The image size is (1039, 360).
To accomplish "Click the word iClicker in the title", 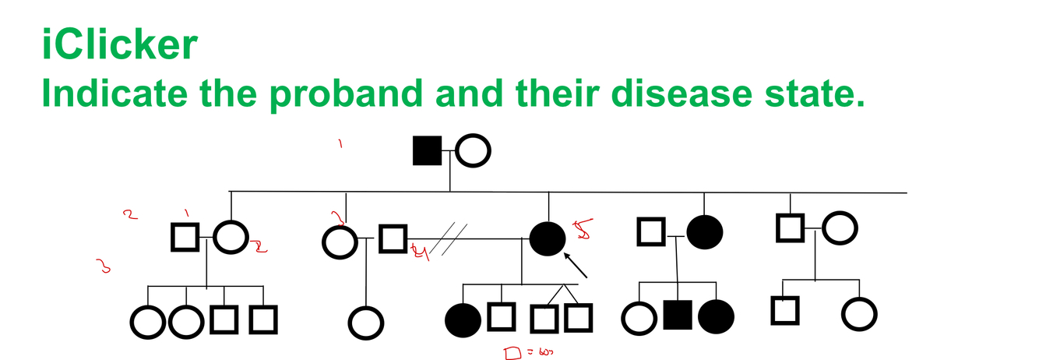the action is point(119,45).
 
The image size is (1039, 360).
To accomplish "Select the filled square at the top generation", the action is point(427,150).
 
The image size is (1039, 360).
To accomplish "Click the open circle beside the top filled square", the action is point(473,151).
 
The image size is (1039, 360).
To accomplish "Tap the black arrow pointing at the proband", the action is point(576,265).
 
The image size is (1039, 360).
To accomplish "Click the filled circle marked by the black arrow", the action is point(548,238).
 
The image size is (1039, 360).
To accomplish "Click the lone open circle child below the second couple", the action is point(365,321).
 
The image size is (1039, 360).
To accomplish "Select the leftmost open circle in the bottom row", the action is point(147,319).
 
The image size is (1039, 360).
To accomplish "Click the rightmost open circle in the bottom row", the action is point(860,315).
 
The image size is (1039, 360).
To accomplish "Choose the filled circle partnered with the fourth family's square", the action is point(704,231).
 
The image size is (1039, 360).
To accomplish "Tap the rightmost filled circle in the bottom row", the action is point(716,317).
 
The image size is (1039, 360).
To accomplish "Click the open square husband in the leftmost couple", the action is point(185,237).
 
